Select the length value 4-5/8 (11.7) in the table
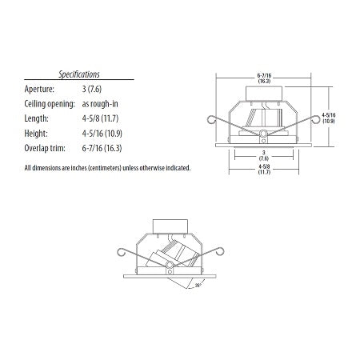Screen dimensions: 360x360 click(x=114, y=119)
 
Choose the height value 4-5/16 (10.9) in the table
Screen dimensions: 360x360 click(x=116, y=134)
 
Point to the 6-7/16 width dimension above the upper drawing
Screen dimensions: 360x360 click(x=262, y=77)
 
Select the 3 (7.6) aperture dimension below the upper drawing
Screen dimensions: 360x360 click(x=262, y=155)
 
